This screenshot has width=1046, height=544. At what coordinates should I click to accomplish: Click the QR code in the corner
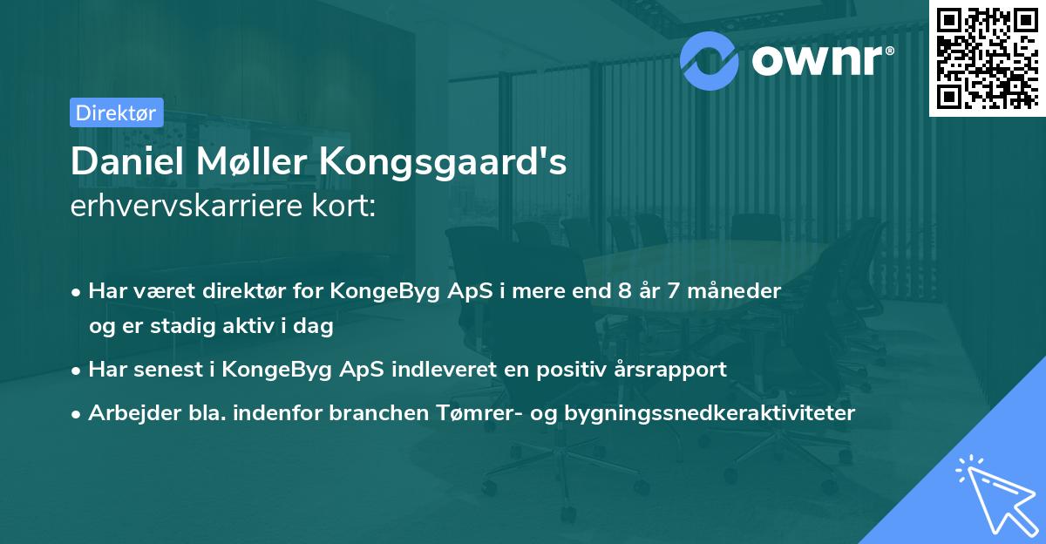coord(987,58)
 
